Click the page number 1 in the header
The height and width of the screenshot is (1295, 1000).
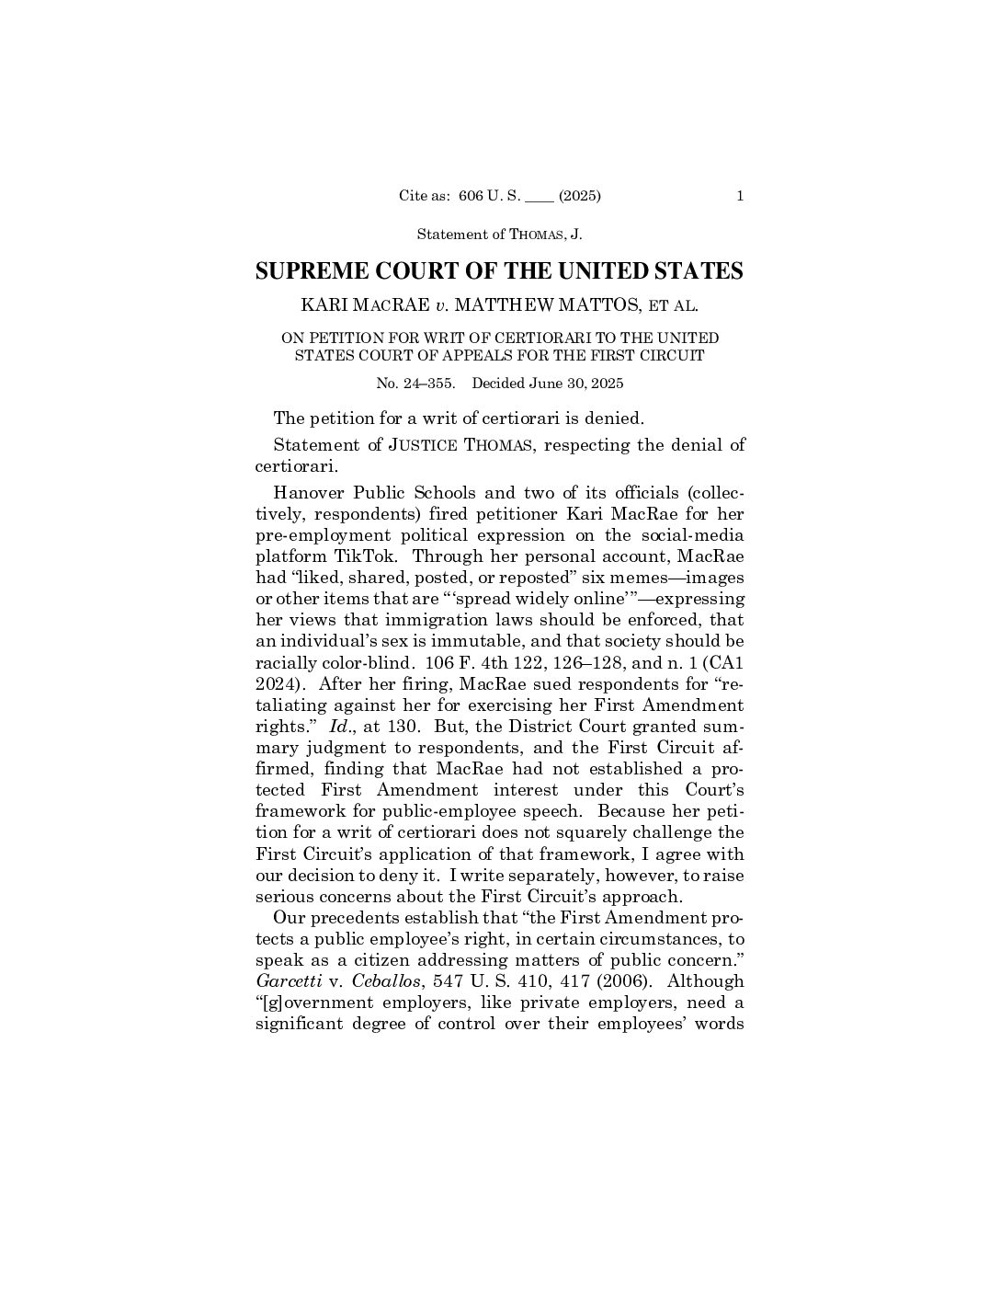pyautogui.click(x=740, y=195)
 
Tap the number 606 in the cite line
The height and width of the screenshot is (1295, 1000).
pyautogui.click(x=471, y=195)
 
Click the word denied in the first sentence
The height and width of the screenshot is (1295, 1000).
pyautogui.click(x=612, y=418)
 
